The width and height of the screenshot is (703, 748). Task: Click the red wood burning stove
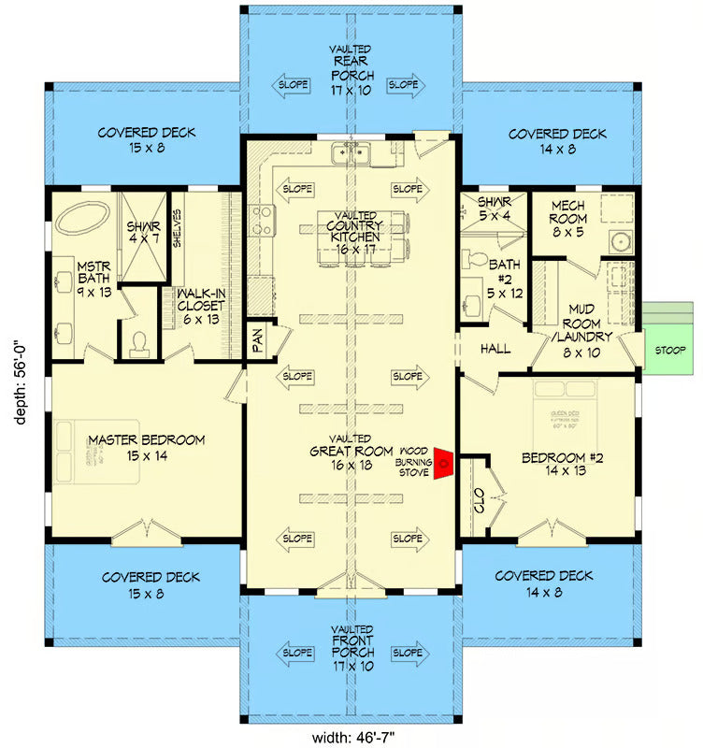(446, 461)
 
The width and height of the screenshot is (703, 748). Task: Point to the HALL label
(495, 348)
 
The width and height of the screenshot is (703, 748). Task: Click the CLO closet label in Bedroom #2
(478, 506)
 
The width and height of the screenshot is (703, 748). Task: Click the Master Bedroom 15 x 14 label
(147, 447)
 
